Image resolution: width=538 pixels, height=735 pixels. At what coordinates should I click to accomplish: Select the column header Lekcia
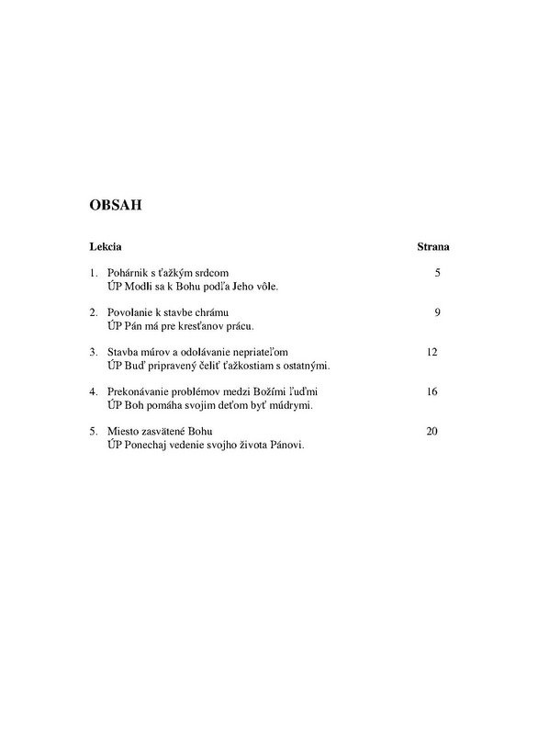pyautogui.click(x=106, y=248)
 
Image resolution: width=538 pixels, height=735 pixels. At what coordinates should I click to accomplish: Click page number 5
pyautogui.click(x=437, y=274)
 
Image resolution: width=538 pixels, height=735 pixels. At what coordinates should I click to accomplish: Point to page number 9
pyautogui.click(x=437, y=313)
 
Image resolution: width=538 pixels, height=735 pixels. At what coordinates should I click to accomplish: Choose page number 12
pyautogui.click(x=433, y=353)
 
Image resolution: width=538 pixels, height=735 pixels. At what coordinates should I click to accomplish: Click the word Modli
pyautogui.click(x=138, y=287)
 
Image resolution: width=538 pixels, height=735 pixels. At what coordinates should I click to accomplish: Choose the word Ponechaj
pyautogui.click(x=148, y=445)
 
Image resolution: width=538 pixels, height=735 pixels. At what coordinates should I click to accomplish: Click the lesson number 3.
pyautogui.click(x=93, y=353)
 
